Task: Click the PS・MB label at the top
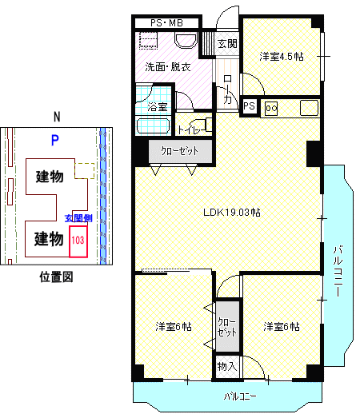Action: pyautogui.click(x=166, y=23)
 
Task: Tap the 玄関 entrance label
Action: pyautogui.click(x=227, y=43)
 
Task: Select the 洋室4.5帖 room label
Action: pyautogui.click(x=282, y=57)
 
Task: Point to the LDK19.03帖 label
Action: pyautogui.click(x=232, y=213)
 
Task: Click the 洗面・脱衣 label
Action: pyautogui.click(x=167, y=67)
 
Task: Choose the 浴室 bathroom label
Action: pyautogui.click(x=157, y=107)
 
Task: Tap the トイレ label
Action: pyautogui.click(x=189, y=129)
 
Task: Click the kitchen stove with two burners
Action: pyautogui.click(x=271, y=109)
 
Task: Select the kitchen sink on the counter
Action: pyautogui.click(x=309, y=108)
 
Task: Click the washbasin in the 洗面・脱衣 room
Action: pyautogui.click(x=186, y=40)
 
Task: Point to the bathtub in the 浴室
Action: pyautogui.click(x=153, y=125)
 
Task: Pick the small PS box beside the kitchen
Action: pyautogui.click(x=250, y=106)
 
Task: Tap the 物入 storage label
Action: pyautogui.click(x=227, y=367)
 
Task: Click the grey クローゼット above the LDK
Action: pyautogui.click(x=180, y=151)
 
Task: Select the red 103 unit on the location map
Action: pyautogui.click(x=78, y=241)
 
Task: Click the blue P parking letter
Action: pyautogui.click(x=55, y=140)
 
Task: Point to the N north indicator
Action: pyautogui.click(x=57, y=117)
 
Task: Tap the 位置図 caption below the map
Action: pyautogui.click(x=56, y=277)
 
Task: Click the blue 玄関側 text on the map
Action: pyautogui.click(x=78, y=218)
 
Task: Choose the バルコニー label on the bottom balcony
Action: pyautogui.click(x=240, y=396)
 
